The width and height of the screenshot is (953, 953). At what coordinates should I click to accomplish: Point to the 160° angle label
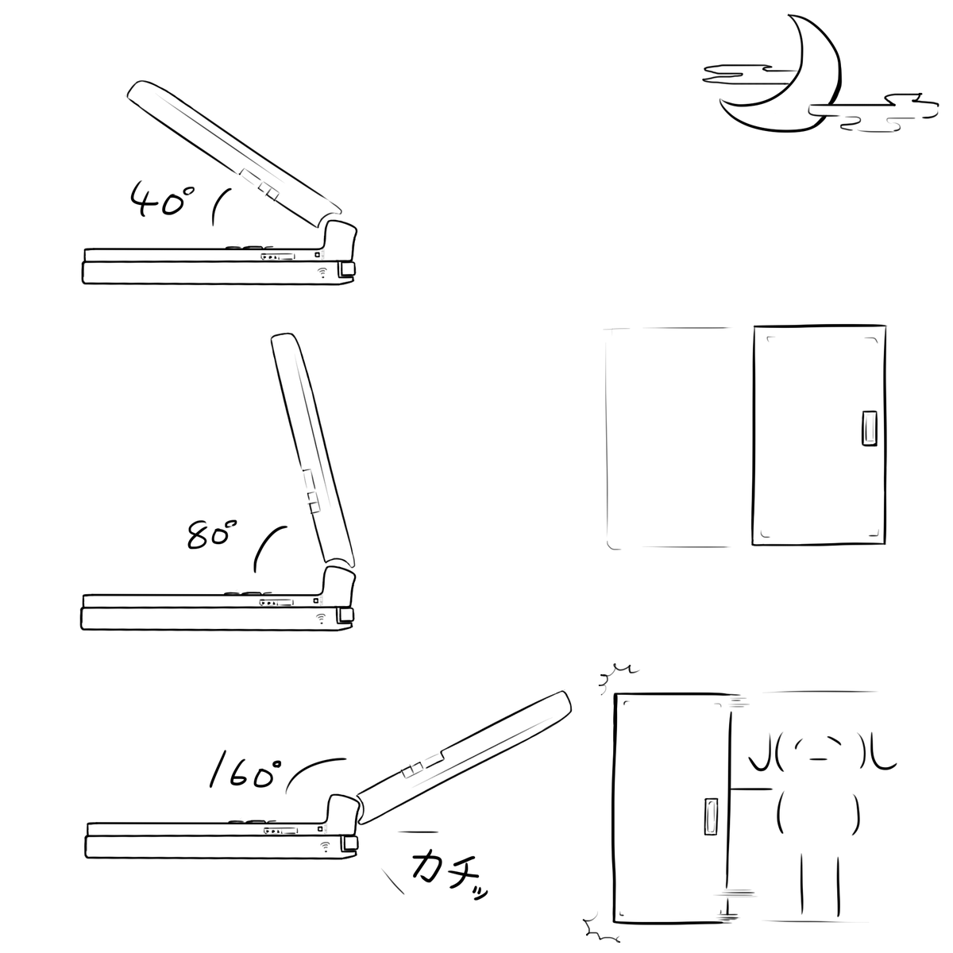point(245,773)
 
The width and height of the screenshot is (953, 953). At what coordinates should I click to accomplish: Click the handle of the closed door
point(870,428)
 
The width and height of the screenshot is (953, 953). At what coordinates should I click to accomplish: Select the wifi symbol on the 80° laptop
point(322,618)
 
